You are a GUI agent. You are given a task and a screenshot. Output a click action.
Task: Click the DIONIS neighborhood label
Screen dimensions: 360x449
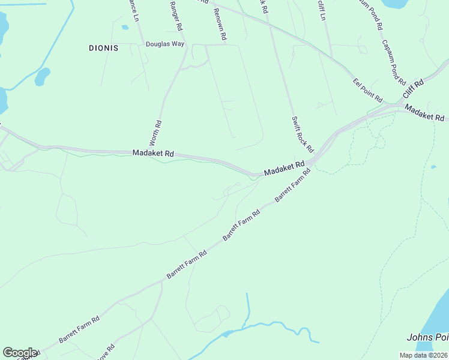pyautogui.click(x=103, y=47)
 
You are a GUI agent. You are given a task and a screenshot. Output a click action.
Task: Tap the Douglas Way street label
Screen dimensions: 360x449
pyautogui.click(x=165, y=44)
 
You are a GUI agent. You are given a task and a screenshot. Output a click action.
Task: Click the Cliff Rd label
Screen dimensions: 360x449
pyautogui.click(x=413, y=89)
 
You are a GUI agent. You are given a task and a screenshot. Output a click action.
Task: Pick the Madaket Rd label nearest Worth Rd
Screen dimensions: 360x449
pyautogui.click(x=153, y=154)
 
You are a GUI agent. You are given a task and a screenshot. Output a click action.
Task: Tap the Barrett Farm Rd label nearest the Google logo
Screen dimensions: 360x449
pyautogui.click(x=79, y=330)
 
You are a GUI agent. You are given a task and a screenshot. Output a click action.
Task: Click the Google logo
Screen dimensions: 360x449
pyautogui.click(x=20, y=353)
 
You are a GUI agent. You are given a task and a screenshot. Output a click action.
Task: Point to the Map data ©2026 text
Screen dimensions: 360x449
pyautogui.click(x=423, y=355)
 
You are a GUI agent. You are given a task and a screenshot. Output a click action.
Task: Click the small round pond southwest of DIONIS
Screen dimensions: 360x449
pyautogui.click(x=42, y=77)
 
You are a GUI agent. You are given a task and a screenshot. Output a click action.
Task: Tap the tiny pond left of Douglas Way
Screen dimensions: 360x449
pyautogui.click(x=125, y=27)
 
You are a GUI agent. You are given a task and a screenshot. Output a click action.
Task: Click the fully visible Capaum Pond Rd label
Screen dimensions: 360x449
pyautogui.click(x=394, y=62)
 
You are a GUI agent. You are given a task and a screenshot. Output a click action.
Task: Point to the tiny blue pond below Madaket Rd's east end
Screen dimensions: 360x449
pyautogui.click(x=433, y=167)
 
